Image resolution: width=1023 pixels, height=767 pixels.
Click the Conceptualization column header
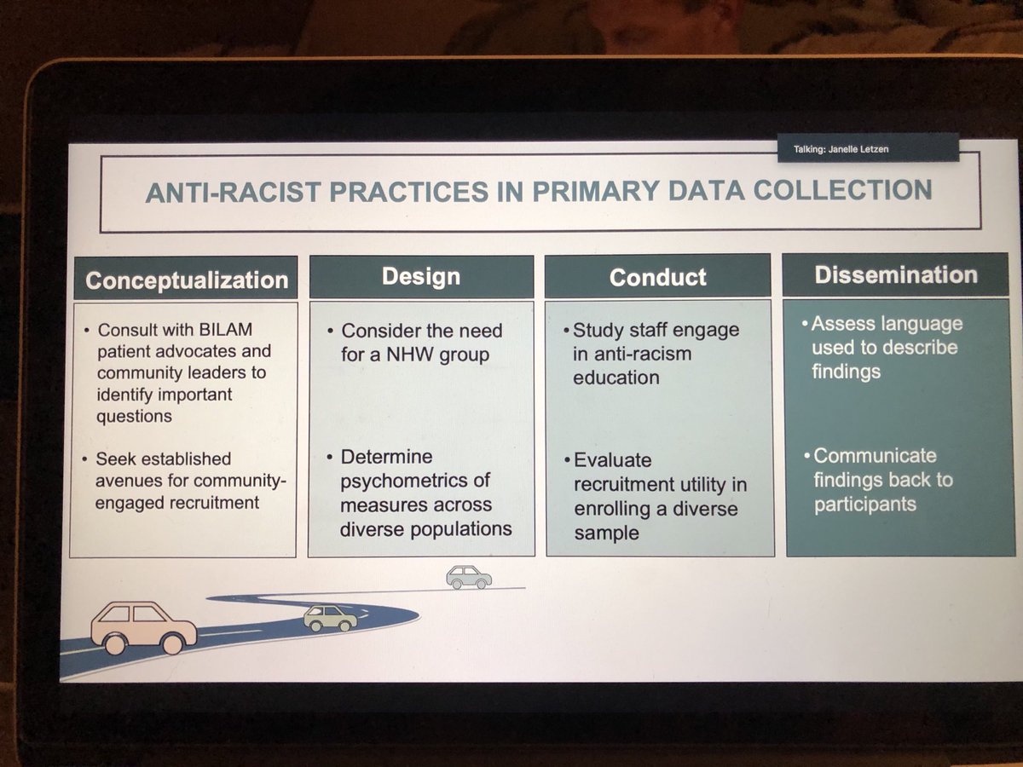(187, 280)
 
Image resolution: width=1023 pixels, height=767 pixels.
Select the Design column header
(421, 276)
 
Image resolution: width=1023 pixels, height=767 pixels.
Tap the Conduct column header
(657, 277)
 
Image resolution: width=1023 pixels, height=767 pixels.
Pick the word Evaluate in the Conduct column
(612, 461)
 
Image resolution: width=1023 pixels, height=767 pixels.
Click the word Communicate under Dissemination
(874, 455)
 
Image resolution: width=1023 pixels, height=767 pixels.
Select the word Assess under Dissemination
(845, 324)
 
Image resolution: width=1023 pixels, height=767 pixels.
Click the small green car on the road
(331, 616)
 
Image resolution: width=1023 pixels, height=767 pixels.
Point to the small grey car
(468, 577)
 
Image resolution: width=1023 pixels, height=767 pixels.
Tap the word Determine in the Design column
(385, 458)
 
